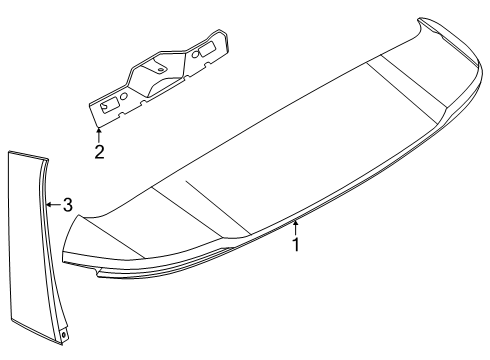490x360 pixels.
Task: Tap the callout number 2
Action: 99,152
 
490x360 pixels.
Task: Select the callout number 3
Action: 67,204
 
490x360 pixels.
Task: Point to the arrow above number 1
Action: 296,225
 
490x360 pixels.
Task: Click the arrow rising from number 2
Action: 99,134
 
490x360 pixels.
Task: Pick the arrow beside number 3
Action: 52,204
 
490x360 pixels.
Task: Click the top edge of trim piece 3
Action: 27,153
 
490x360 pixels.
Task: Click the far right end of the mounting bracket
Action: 229,39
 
